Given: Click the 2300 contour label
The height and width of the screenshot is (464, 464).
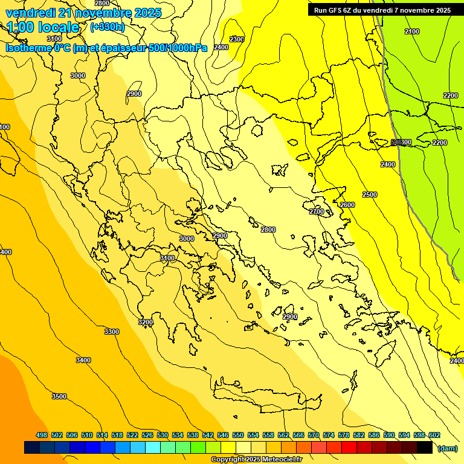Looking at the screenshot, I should point(237,39).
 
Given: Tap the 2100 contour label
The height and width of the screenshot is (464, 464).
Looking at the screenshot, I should point(412,31).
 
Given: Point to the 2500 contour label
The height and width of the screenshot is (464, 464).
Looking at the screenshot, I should point(370,195).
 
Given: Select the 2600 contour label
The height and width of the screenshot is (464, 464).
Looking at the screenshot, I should point(347,205).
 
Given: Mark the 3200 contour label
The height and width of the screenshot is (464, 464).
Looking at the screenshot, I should point(146,322).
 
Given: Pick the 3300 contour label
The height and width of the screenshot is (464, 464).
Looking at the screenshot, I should point(112,332).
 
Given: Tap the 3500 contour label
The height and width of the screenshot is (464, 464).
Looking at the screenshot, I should point(59,396).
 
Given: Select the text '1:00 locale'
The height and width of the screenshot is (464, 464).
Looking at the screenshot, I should point(43,27).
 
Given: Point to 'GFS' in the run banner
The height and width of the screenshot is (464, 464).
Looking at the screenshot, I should point(336,10).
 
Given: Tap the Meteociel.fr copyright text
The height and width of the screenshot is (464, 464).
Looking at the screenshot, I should point(256,460).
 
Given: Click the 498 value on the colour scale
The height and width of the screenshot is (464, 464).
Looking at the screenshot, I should point(42,435).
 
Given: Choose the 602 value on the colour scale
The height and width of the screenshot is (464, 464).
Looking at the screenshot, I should point(434,435).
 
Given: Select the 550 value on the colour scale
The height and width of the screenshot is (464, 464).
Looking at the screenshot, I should point(238,435).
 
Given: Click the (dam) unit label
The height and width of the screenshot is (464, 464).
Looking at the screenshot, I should point(448,448).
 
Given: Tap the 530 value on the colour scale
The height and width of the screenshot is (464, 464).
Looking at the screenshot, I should point(163,435).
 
